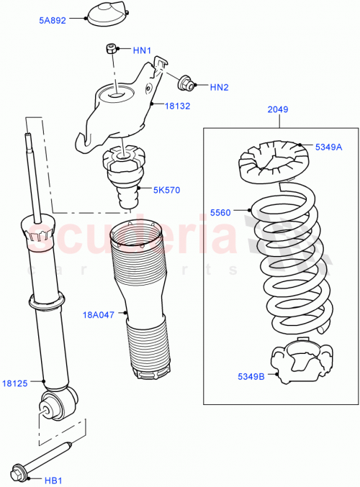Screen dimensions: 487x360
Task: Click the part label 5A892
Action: tap(53, 21)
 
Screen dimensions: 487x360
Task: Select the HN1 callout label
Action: tap(142, 50)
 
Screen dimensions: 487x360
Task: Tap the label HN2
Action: tap(219, 88)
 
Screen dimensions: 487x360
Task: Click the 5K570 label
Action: tap(167, 191)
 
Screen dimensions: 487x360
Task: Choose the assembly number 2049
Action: tap(277, 110)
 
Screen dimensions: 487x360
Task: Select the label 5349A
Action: tap(329, 147)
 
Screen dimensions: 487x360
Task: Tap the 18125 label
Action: tap(15, 383)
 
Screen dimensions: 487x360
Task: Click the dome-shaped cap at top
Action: tap(107, 16)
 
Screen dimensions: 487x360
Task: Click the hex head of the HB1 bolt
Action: tap(18, 473)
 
